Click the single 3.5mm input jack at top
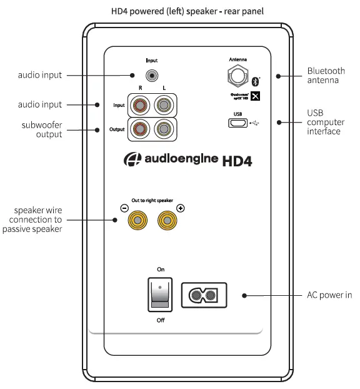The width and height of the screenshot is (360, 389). click(151, 76)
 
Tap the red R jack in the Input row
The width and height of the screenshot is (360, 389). click(139, 104)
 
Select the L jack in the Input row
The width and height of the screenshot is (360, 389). click(164, 104)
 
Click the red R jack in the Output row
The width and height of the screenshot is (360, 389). click(139, 129)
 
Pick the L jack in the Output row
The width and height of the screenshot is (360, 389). click(164, 129)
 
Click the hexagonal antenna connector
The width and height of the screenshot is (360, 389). click(237, 77)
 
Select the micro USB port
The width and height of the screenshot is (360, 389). click(237, 123)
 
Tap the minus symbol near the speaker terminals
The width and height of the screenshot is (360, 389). click(124, 208)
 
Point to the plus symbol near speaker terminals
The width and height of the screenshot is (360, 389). click(180, 208)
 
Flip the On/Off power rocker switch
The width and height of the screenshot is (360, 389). click(161, 295)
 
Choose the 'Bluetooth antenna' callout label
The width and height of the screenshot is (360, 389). click(326, 76)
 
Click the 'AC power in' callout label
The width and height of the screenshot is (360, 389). click(325, 295)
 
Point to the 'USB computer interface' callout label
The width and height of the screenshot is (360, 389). click(324, 122)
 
